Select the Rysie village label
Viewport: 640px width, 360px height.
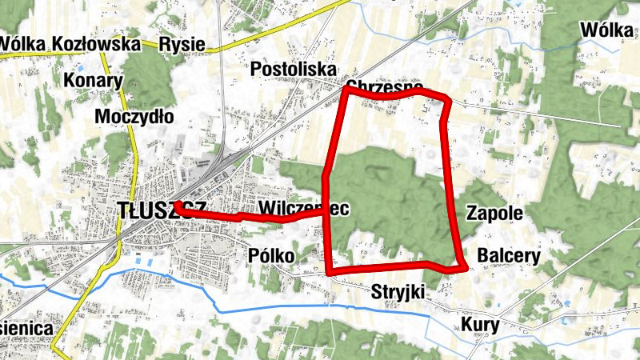pos(182,44)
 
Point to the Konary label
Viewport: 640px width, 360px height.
pos(93,80)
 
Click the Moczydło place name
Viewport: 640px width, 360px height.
pos(134,117)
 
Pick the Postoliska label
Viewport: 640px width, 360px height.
pos(293,70)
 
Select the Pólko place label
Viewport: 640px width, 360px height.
pos(271,255)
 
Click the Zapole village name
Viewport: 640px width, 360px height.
pos(494,214)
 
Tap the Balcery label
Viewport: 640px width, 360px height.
pos(508,256)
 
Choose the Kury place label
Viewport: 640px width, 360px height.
pos(480,325)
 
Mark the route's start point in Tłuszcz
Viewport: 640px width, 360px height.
pos(175,206)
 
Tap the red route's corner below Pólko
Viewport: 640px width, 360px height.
pos(329,272)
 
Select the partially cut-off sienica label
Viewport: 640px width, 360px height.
pos(26,328)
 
